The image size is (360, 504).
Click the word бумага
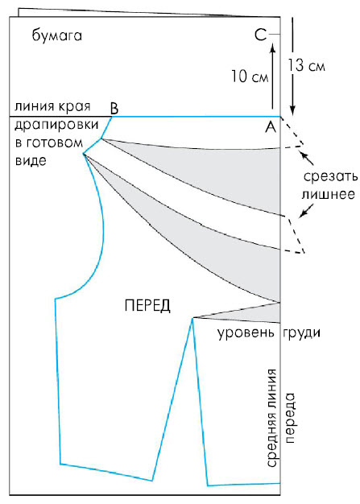pos(57,35)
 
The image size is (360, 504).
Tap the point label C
pos(261,35)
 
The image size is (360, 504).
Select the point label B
pos(114,109)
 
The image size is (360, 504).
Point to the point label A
pos(271,127)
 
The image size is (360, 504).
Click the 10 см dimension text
pos(250,76)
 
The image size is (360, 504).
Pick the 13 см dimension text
pos(306,65)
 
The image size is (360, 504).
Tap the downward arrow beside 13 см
pos(292,66)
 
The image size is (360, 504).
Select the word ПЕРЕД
pos(147,305)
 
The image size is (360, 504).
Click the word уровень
pos(246,333)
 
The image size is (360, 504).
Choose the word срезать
pos(330,176)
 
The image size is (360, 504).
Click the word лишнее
pos(328,194)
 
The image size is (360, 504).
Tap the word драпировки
pos(56,125)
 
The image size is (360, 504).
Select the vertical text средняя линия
pos(271,418)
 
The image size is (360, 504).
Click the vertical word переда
pos(290,418)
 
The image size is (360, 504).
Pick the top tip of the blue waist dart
pos(192,318)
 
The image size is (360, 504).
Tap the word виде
pos(31,160)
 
